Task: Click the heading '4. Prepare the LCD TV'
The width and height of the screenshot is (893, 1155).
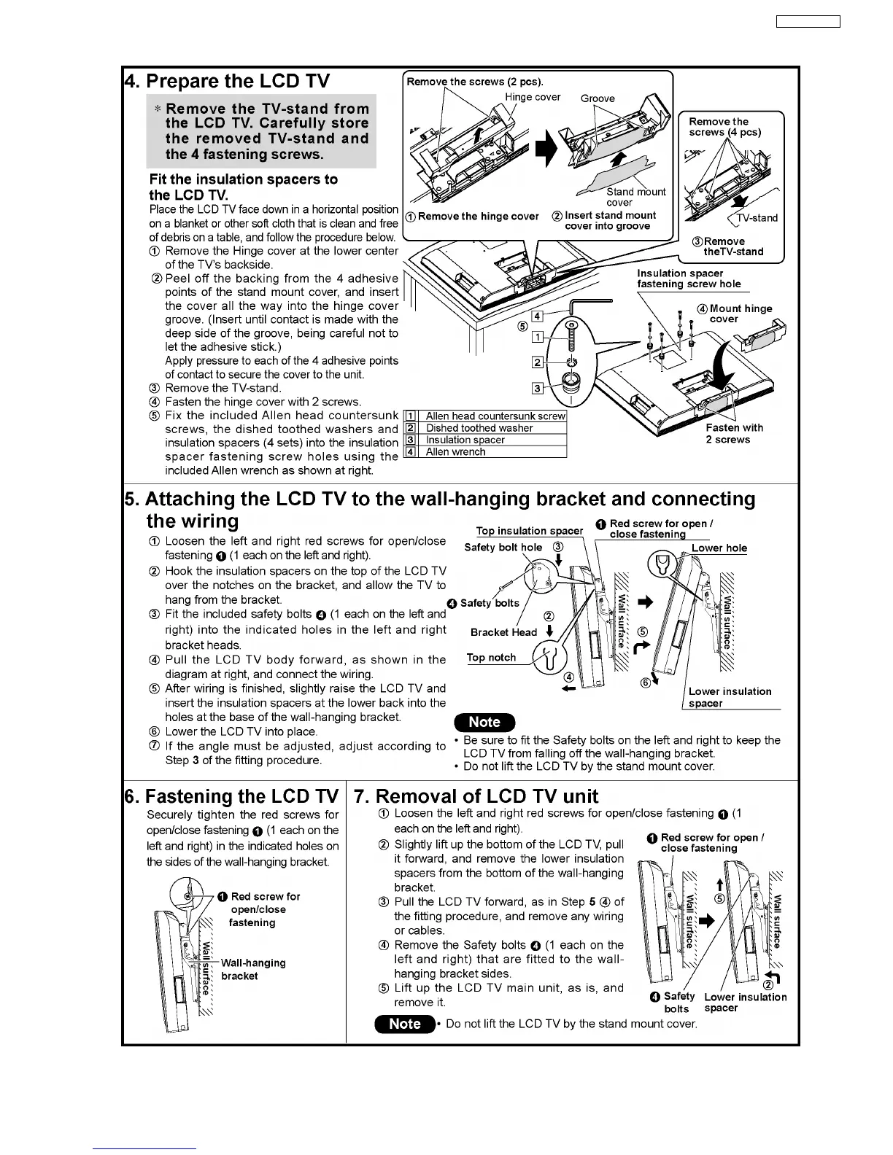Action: click(227, 81)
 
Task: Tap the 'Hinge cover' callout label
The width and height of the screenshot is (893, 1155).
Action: click(533, 97)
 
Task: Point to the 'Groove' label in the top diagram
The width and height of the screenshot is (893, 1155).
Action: click(598, 98)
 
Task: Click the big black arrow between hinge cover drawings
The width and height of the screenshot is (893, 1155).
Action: click(546, 149)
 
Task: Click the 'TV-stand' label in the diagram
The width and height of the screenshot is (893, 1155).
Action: click(757, 218)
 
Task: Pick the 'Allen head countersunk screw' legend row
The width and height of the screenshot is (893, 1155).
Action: click(495, 416)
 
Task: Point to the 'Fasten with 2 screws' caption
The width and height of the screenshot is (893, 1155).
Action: click(734, 434)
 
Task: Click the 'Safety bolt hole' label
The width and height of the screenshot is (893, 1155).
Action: click(503, 548)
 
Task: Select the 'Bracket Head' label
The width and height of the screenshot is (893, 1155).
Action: click(503, 632)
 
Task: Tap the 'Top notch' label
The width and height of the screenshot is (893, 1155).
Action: click(491, 658)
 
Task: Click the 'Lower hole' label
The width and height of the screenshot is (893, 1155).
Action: click(719, 548)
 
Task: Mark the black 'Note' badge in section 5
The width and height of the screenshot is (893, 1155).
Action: click(484, 723)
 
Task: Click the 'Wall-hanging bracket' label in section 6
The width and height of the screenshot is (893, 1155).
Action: click(253, 969)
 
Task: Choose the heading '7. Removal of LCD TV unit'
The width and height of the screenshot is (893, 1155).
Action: click(476, 796)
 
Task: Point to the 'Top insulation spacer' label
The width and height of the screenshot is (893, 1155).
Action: click(529, 531)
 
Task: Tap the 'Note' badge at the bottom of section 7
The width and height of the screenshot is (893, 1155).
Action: click(405, 1024)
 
